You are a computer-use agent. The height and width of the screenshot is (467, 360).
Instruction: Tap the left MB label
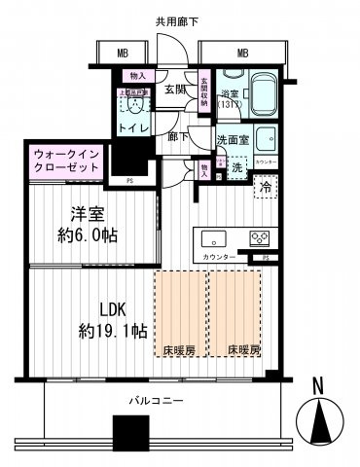(123, 54)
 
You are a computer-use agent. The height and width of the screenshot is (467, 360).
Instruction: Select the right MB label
(243, 54)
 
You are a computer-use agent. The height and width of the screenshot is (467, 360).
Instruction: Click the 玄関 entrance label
(174, 90)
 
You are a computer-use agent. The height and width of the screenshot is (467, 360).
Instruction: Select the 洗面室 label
(230, 139)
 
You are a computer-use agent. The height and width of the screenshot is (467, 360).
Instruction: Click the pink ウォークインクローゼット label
(65, 162)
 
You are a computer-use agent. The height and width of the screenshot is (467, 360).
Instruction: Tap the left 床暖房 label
(182, 349)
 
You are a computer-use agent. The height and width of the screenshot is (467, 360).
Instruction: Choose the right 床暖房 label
(243, 349)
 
